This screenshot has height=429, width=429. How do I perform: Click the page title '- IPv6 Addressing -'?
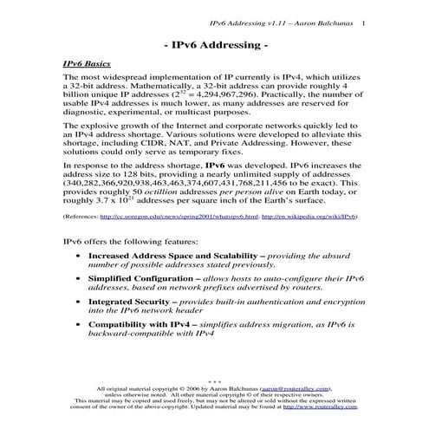click(x=214, y=43)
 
